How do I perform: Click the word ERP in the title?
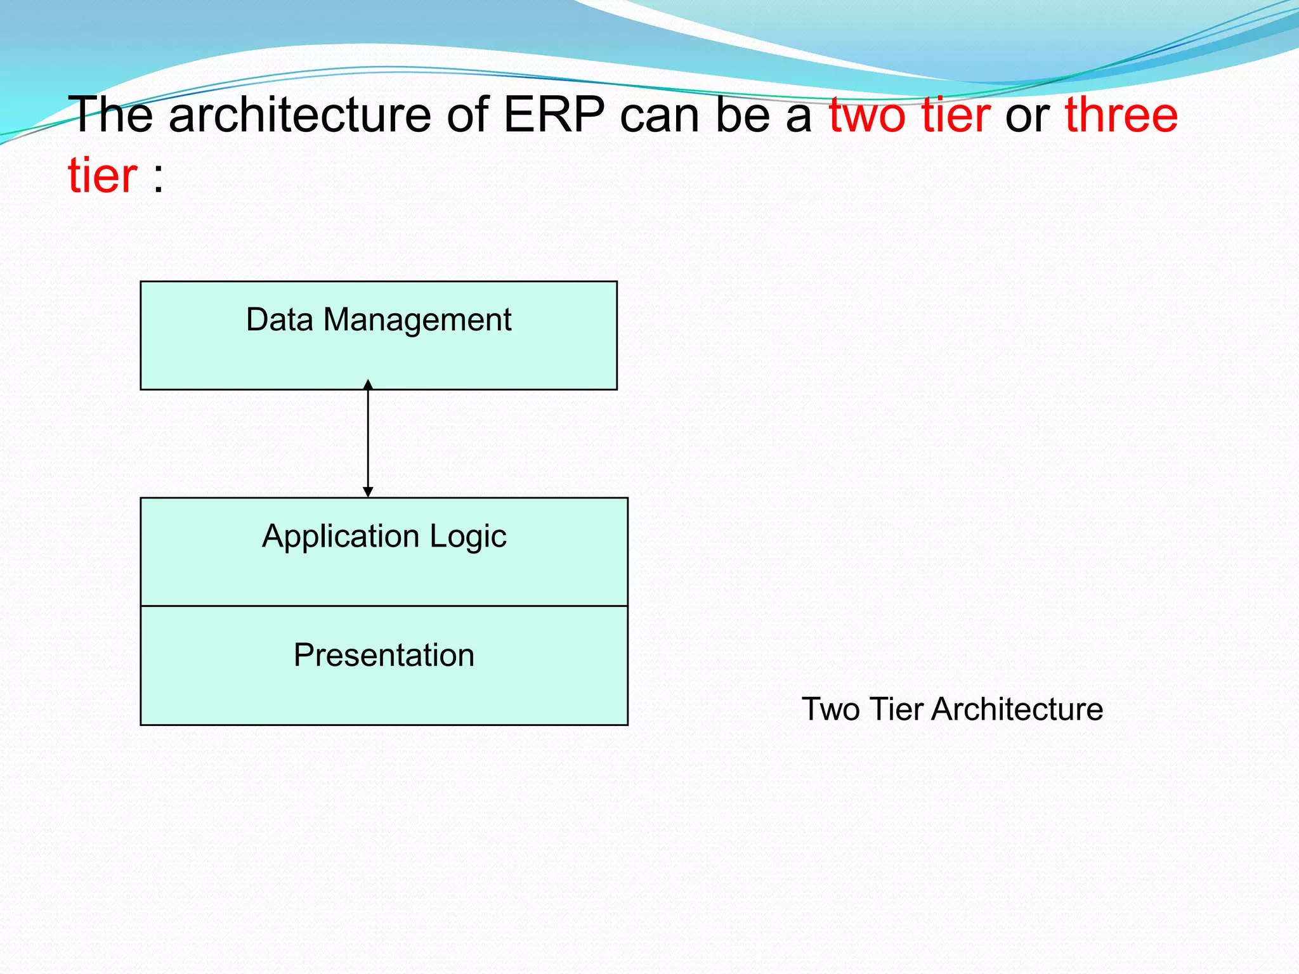pos(554,115)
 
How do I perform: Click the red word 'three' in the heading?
pos(1121,115)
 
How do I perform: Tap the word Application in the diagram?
pos(341,537)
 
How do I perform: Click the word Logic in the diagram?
pos(468,537)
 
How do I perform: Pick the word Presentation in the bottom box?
pos(384,655)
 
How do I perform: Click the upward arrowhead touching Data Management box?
pos(368,384)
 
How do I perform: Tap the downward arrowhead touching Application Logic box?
pos(368,492)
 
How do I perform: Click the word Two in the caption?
pos(830,709)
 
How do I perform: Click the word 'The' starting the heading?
pos(110,115)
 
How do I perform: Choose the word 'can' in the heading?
pos(660,115)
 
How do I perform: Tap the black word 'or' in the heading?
pos(1027,115)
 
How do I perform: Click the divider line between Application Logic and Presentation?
pos(384,606)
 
